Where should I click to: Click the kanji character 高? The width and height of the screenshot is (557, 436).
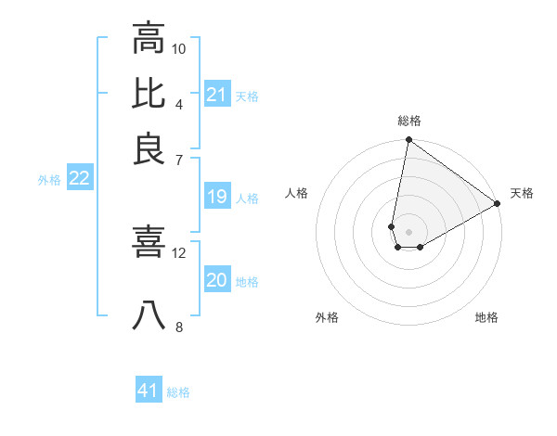point(149,38)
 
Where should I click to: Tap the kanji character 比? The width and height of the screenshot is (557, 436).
point(149,93)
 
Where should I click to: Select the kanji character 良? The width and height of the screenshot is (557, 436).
point(149,148)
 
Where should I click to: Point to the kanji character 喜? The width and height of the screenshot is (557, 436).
point(149,243)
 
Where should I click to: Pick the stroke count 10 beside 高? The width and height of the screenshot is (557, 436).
point(179,48)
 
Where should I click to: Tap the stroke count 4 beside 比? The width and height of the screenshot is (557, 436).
point(179,103)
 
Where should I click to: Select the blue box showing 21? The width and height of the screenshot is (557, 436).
point(216,95)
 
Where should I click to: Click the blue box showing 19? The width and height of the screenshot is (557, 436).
point(216,197)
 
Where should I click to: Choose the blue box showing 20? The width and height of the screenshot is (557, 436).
point(216,281)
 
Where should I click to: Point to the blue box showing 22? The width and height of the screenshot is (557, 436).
point(79,179)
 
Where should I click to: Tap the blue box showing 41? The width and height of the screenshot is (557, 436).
point(148,391)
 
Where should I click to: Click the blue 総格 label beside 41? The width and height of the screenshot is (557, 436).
point(178,392)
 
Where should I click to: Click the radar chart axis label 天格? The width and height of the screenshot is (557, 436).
point(522,193)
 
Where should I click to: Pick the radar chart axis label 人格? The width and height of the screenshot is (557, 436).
point(297,193)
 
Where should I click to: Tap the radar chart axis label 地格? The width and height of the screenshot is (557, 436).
point(486,317)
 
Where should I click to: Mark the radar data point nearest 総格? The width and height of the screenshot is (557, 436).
point(408,141)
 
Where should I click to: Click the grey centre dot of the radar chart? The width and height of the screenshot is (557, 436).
point(408,219)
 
